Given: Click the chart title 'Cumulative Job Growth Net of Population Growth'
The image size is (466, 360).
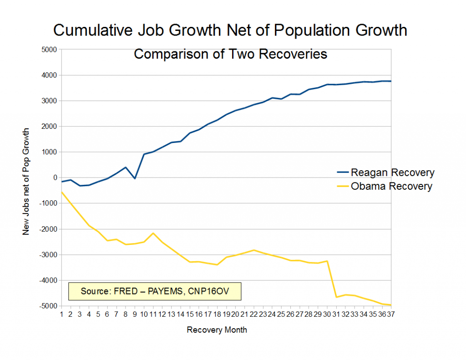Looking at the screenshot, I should click(x=230, y=30).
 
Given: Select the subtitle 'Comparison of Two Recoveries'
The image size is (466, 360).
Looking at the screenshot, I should click(x=230, y=54).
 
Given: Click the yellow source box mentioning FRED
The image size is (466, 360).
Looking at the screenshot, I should click(x=154, y=291).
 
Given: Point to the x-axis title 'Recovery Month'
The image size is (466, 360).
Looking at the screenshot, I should click(x=217, y=330).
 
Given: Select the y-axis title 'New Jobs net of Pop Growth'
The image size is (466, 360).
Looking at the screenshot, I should click(x=26, y=181).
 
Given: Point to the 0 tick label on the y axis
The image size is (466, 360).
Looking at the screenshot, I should click(x=54, y=177).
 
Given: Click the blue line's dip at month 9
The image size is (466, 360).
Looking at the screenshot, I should click(x=135, y=178).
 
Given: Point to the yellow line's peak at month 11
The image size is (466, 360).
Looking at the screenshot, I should click(x=153, y=233).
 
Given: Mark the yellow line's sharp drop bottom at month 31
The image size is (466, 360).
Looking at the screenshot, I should click(x=336, y=297).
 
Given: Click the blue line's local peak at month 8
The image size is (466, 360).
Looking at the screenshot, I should click(x=126, y=167).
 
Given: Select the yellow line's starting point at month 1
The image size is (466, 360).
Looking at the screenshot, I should click(x=62, y=192).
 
